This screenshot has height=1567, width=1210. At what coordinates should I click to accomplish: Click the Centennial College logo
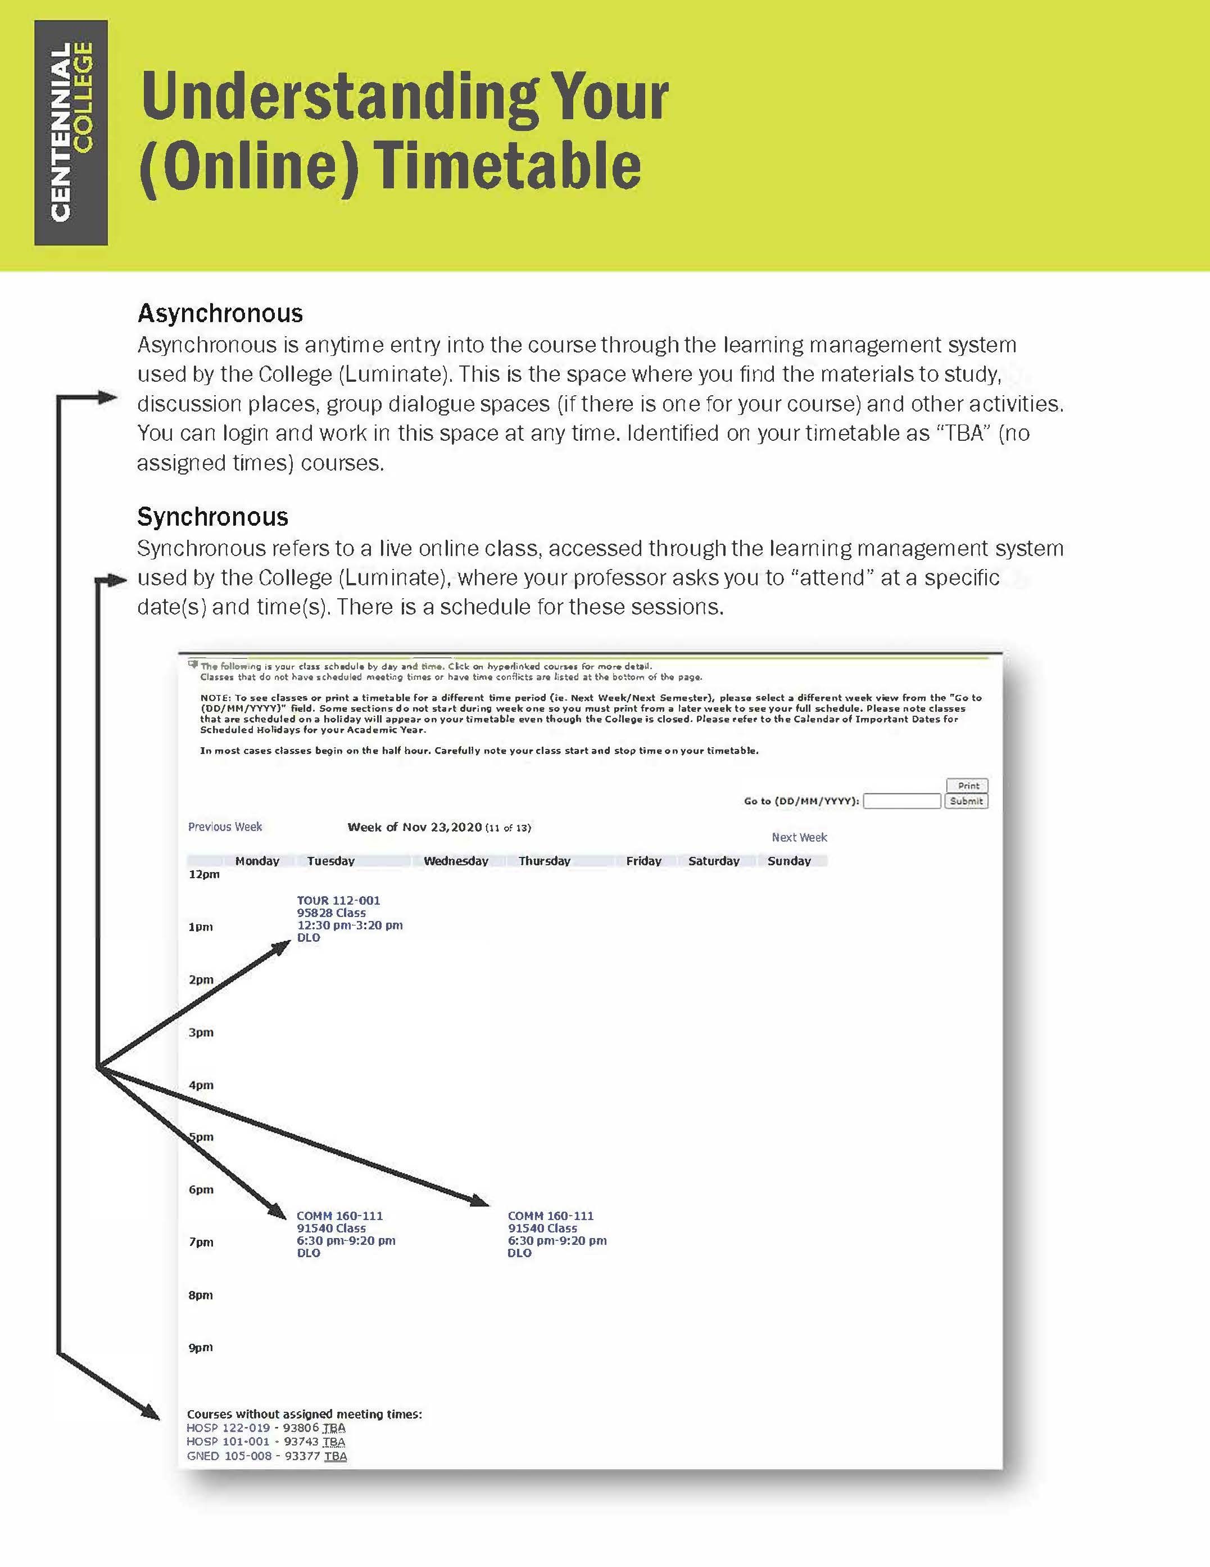click(71, 133)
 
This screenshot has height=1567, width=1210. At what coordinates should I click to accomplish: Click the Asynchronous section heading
click(220, 314)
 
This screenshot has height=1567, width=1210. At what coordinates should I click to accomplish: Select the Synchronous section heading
click(212, 517)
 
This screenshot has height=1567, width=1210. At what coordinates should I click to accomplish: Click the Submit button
click(966, 801)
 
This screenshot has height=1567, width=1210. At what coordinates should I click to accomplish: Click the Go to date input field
click(901, 801)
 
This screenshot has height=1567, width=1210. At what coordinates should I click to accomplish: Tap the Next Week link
click(799, 837)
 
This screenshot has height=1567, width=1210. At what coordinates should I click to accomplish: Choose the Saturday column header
click(714, 861)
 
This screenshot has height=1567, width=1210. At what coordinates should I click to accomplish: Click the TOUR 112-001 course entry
click(338, 901)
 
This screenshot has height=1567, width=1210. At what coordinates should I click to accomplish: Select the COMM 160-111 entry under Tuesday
click(340, 1216)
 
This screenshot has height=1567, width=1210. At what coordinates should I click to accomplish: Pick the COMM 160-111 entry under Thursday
click(551, 1216)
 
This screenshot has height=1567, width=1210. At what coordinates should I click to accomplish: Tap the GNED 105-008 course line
click(266, 1456)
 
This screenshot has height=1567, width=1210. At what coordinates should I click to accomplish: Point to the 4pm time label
click(201, 1086)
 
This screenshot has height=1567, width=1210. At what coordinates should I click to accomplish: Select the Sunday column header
click(789, 861)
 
